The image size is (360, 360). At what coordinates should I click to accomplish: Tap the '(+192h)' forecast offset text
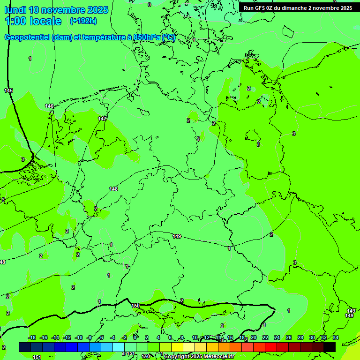83,21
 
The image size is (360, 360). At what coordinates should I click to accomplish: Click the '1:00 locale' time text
33,21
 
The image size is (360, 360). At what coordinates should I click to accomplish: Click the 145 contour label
8,90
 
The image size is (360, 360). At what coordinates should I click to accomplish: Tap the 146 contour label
49,106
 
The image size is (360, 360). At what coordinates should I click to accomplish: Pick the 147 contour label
102,119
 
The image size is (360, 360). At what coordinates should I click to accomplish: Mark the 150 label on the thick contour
135,306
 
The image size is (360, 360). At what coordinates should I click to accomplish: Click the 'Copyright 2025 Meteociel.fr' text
199,357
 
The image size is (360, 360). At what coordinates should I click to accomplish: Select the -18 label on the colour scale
32,337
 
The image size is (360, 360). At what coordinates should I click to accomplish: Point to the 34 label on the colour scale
336,337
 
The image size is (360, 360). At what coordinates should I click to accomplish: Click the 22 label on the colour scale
265,337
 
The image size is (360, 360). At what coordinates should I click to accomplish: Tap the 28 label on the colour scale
300,337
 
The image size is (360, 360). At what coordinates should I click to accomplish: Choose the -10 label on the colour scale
79,337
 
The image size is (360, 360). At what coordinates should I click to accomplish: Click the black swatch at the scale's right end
330,347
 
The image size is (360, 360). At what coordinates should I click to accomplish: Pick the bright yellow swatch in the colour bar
177,347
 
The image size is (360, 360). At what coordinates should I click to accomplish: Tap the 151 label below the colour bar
37,357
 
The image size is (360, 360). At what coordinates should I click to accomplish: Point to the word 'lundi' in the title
15,10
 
